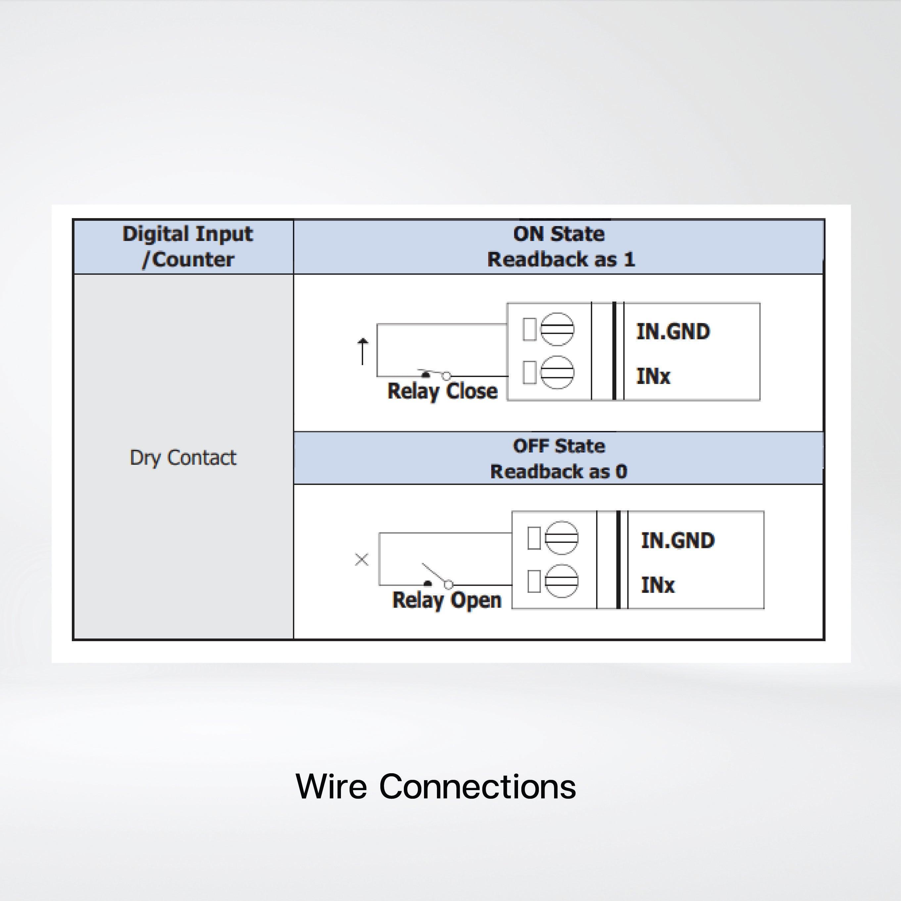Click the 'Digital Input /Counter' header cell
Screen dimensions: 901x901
(x=187, y=246)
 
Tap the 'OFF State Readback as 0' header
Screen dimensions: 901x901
(x=559, y=458)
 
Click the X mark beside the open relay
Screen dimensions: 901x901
(x=361, y=559)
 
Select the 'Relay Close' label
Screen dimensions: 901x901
(x=442, y=391)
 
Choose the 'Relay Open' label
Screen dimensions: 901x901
(x=446, y=600)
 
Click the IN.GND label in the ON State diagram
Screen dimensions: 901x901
(x=673, y=332)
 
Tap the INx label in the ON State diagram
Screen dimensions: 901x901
(x=653, y=376)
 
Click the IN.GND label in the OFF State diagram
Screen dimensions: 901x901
(x=677, y=540)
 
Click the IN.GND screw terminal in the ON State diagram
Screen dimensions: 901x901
(x=557, y=329)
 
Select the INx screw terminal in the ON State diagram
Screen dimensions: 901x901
(x=557, y=372)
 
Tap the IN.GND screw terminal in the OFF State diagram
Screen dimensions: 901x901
(x=561, y=538)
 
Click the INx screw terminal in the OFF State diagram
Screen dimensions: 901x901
(x=561, y=581)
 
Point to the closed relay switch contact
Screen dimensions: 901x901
(x=436, y=374)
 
